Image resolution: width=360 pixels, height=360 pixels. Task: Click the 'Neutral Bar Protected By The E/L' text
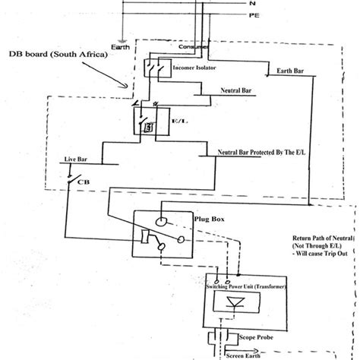pos(263,153)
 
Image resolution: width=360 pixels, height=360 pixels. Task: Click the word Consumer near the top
pos(194,47)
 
